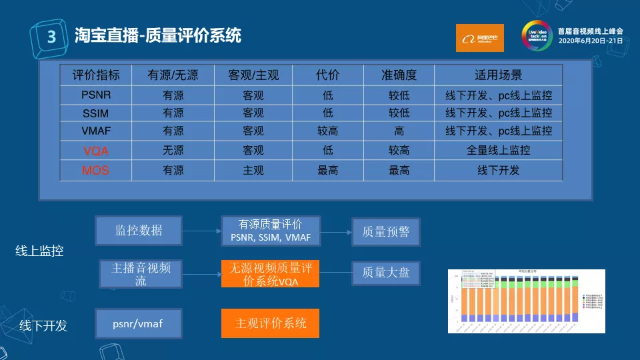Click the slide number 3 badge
click(51, 36)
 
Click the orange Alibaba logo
click(479, 38)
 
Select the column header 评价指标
click(96, 75)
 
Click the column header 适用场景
click(499, 75)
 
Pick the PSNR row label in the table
click(96, 95)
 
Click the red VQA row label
click(96, 151)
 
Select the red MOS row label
click(96, 171)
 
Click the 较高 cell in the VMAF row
click(328, 131)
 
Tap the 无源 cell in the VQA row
click(173, 151)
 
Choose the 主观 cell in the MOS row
click(253, 171)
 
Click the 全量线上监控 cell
click(499, 151)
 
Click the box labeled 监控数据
click(139, 231)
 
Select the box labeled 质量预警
click(386, 232)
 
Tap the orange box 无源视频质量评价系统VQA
click(270, 274)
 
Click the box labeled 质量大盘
click(386, 273)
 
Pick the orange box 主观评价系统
click(270, 323)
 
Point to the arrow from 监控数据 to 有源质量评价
click(201, 231)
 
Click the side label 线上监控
click(39, 251)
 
